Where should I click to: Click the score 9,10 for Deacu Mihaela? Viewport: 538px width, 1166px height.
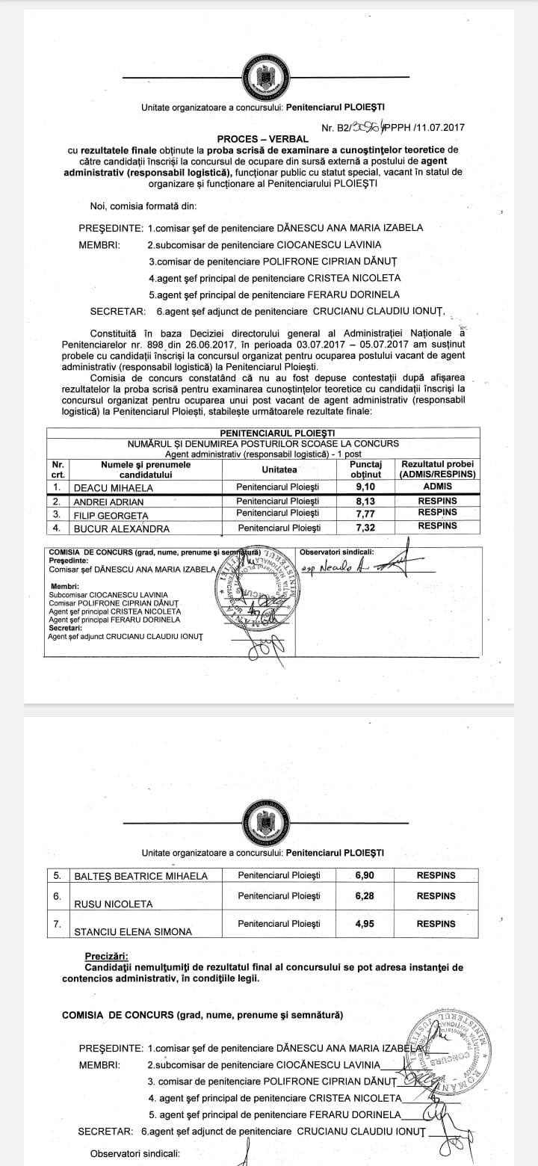(365, 486)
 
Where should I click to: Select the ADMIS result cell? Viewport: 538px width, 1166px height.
(437, 486)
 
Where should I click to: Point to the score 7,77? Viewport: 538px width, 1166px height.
(365, 514)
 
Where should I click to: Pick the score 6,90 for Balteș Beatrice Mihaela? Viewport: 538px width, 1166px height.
(365, 874)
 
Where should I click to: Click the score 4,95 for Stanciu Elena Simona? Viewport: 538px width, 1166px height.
(365, 924)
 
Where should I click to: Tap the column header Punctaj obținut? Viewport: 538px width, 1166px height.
(365, 469)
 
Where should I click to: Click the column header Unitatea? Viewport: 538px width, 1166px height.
(279, 469)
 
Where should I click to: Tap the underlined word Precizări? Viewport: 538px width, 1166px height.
(106, 955)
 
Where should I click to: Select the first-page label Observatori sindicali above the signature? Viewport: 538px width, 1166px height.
(336, 552)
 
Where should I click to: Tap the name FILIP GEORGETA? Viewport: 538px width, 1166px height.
(111, 516)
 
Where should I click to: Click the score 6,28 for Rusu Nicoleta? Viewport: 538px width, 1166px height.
(365, 895)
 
